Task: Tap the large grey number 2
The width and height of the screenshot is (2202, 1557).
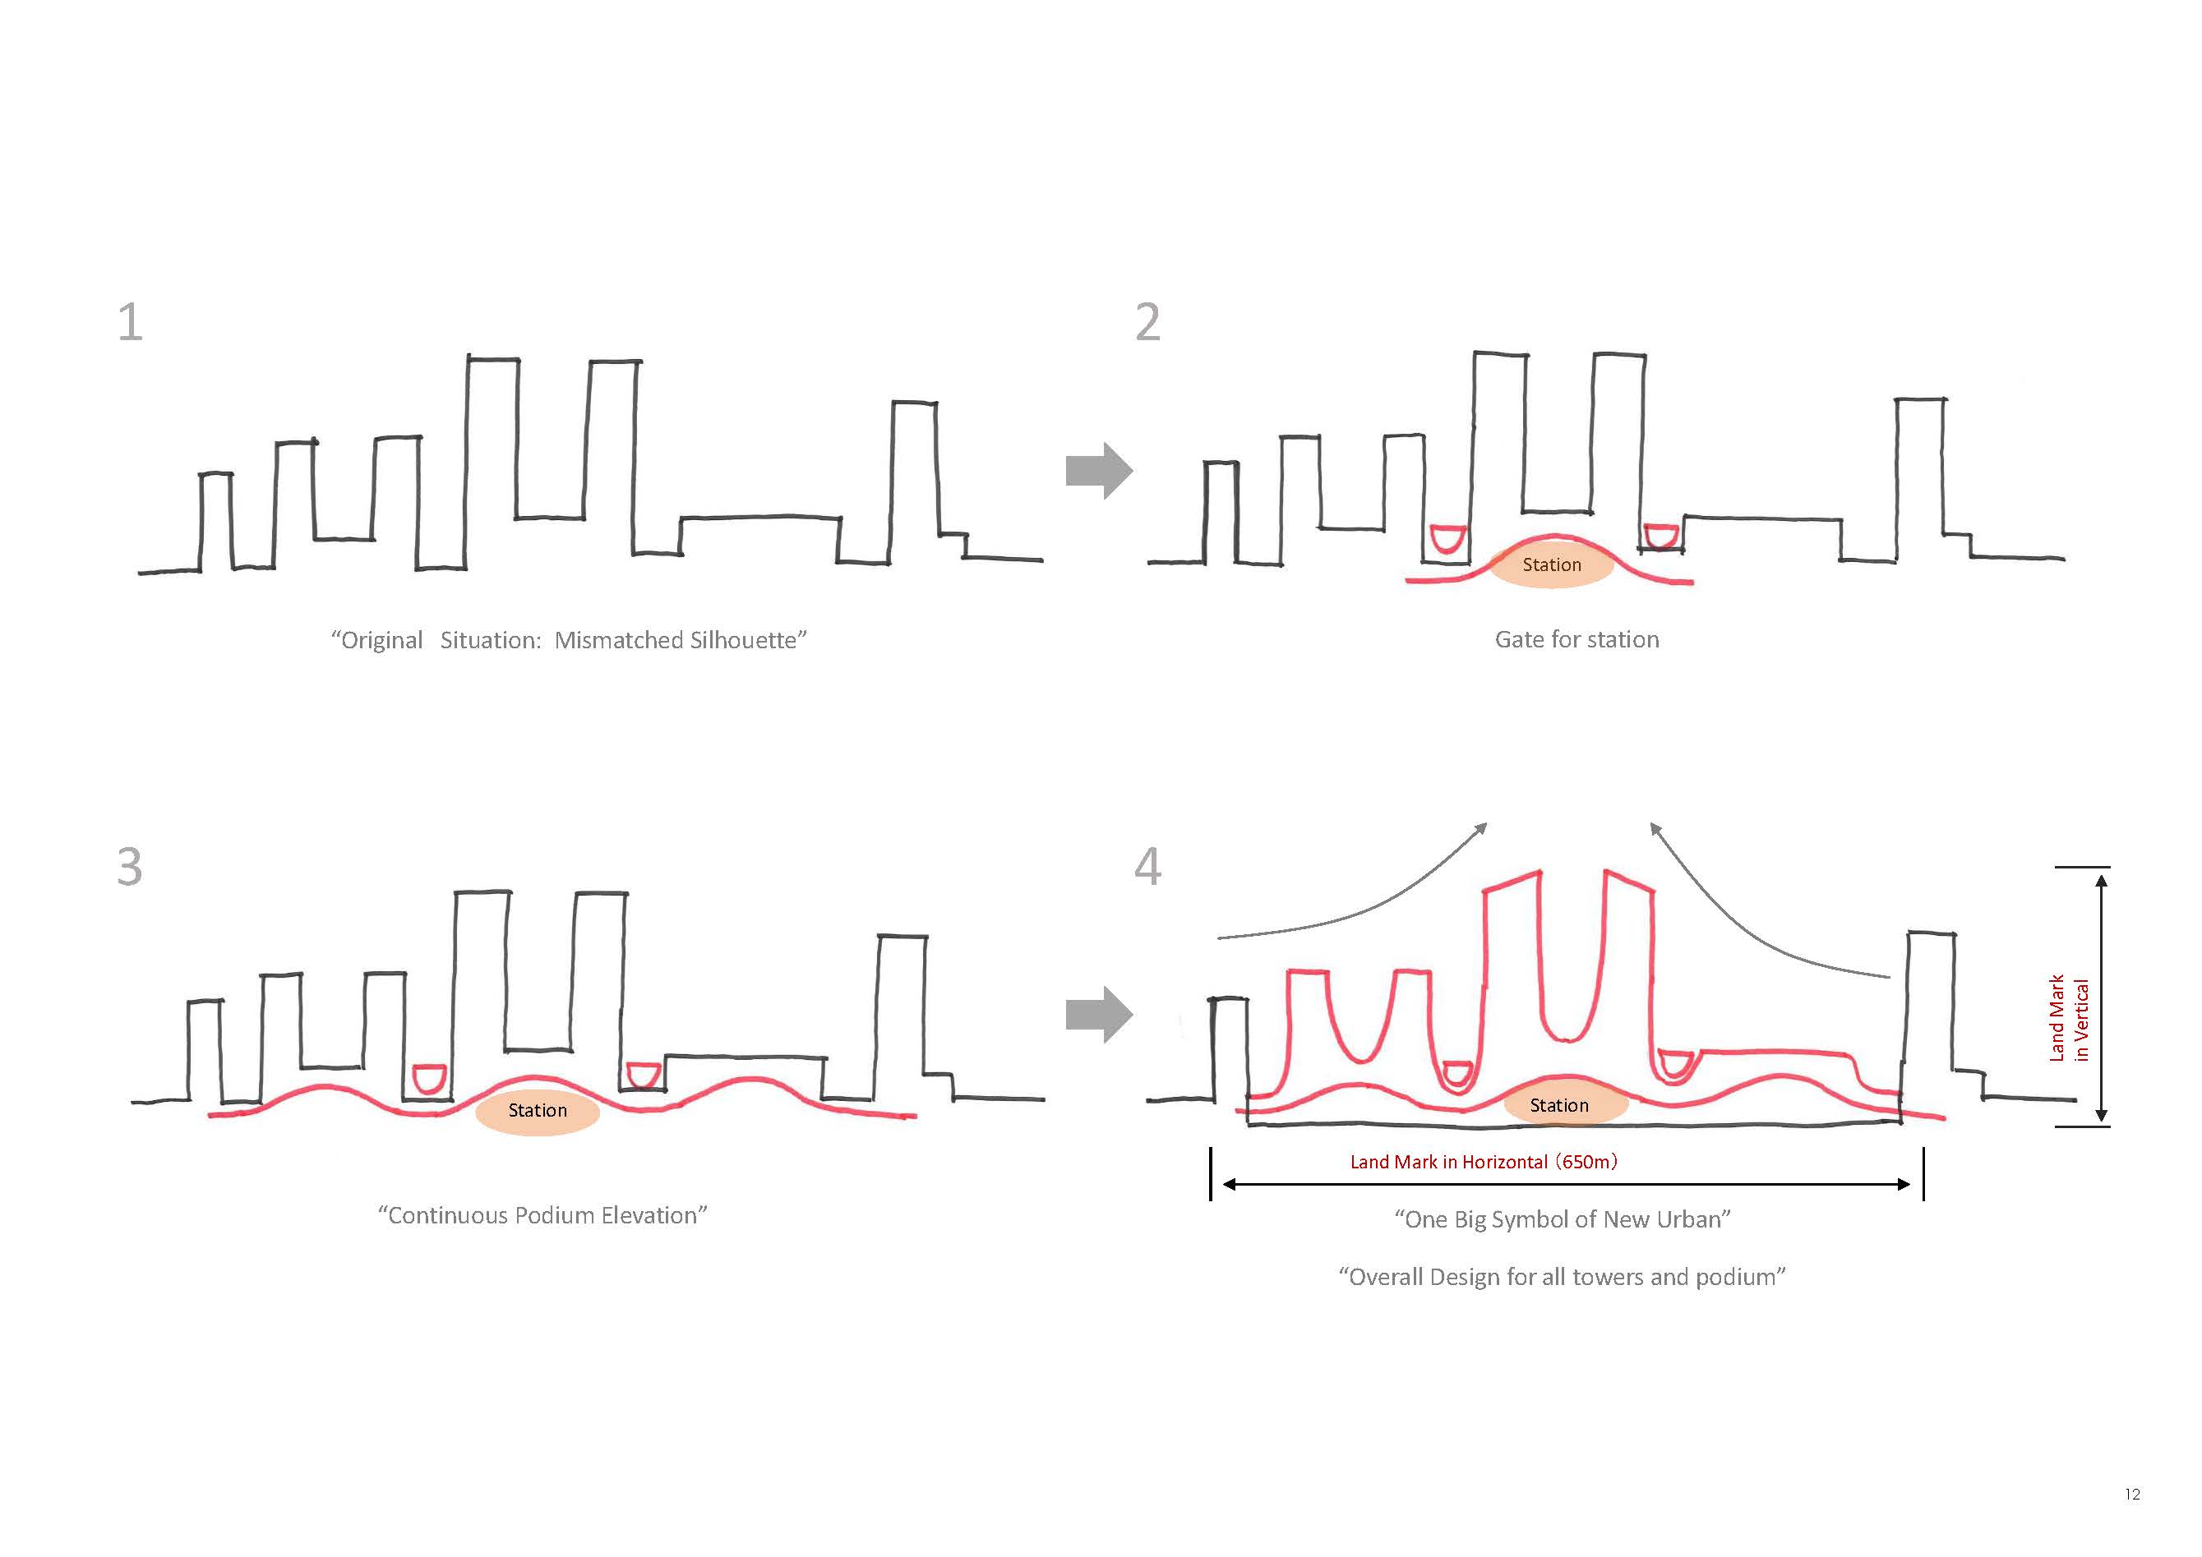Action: click(x=1148, y=321)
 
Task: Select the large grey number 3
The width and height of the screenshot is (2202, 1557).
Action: click(x=131, y=866)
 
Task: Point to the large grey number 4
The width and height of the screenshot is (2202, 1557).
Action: click(x=1148, y=866)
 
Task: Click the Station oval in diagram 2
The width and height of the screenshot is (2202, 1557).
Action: click(x=1551, y=564)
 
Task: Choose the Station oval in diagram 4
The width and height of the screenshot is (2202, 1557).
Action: click(x=1565, y=1105)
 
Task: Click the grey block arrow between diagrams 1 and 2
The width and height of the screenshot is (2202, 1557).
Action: click(x=1099, y=471)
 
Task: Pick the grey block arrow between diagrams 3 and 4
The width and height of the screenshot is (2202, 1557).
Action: click(x=1099, y=1015)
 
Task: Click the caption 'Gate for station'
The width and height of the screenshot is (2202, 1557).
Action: click(x=1576, y=639)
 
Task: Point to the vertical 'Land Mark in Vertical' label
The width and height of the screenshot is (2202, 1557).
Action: click(x=2068, y=1018)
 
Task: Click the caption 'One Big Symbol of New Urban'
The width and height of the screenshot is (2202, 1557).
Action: click(x=1563, y=1218)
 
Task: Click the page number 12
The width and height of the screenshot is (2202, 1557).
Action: click(x=2132, y=1494)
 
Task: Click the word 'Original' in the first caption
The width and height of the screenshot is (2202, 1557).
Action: click(x=381, y=640)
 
